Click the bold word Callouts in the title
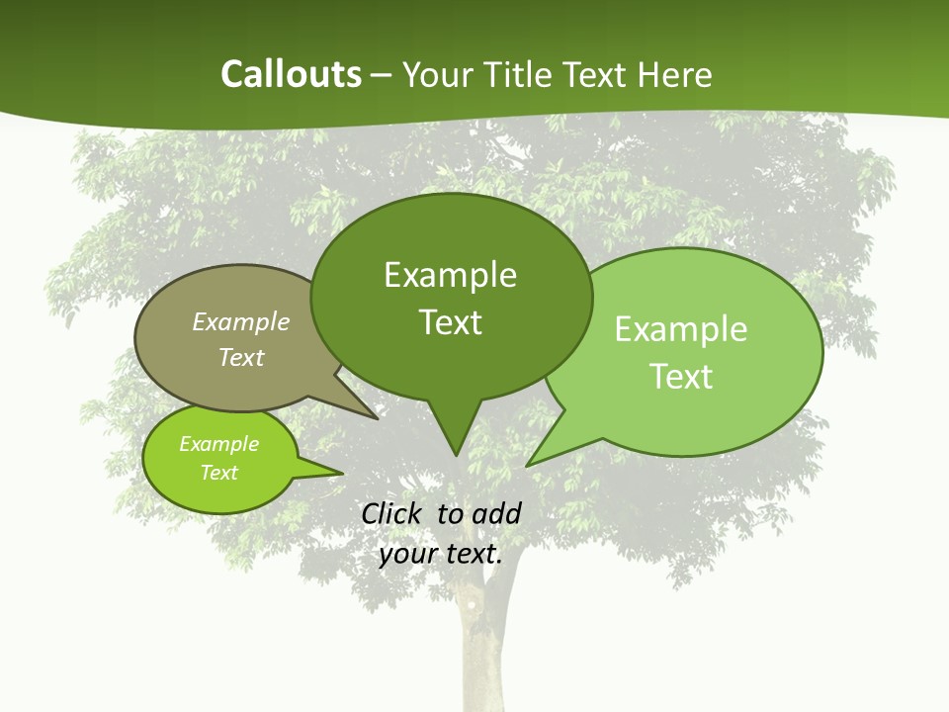point(291,74)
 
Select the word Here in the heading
point(674,74)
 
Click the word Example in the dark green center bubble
point(450,275)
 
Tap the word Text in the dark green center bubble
point(450,322)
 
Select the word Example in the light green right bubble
point(681,329)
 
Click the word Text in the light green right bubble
point(681,377)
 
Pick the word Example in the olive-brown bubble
point(241,321)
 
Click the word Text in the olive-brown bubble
point(241,357)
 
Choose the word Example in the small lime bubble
point(218,444)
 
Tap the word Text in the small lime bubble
point(218,473)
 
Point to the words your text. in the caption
point(441,554)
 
